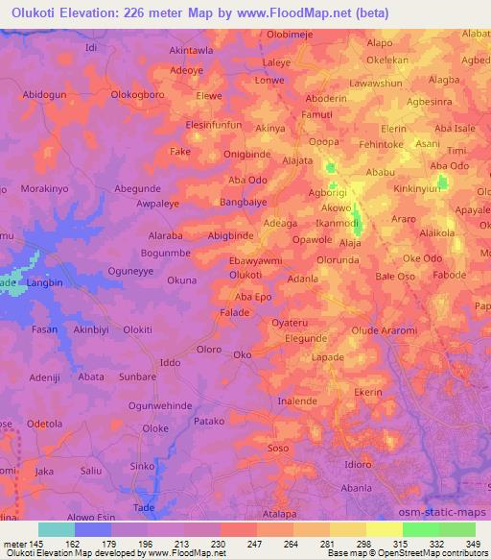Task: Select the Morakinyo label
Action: click(x=40, y=189)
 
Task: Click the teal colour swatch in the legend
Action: click(x=57, y=529)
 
